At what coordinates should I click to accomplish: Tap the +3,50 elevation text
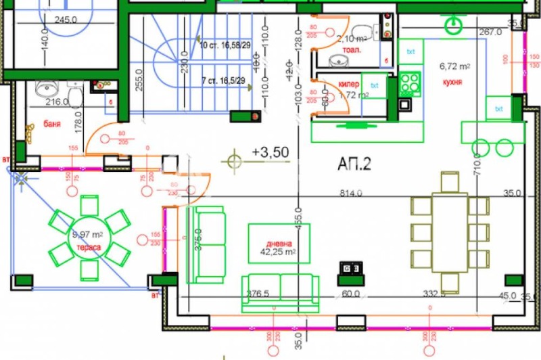click(x=270, y=152)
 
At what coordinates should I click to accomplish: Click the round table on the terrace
click(x=89, y=238)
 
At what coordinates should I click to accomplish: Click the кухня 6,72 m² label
click(x=454, y=72)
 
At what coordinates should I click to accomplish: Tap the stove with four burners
click(x=410, y=84)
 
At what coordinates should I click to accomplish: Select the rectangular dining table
click(x=450, y=232)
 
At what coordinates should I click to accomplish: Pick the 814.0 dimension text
click(x=351, y=193)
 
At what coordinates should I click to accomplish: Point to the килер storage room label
click(x=350, y=85)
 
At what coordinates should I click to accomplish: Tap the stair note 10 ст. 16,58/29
click(x=227, y=45)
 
